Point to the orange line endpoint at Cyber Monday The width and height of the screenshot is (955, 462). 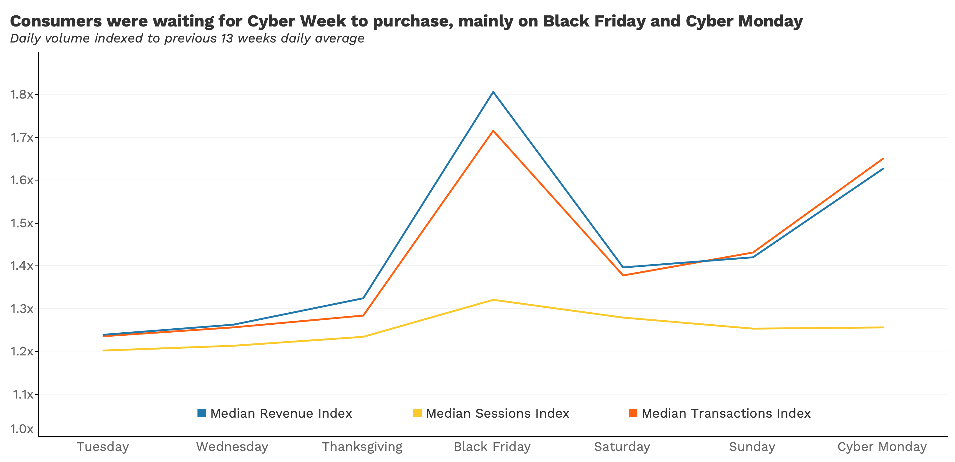pyautogui.click(x=883, y=159)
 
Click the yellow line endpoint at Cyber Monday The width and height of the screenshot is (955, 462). pyautogui.click(x=883, y=327)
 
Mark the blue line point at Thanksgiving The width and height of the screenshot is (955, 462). pyautogui.click(x=363, y=298)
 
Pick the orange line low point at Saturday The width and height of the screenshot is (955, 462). pyautogui.click(x=623, y=275)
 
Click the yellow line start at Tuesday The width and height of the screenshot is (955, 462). pyautogui.click(x=103, y=351)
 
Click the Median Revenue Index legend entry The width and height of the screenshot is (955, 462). pyautogui.click(x=281, y=413)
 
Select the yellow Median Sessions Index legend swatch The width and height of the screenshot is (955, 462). pyautogui.click(x=417, y=413)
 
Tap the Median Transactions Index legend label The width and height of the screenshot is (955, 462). pyautogui.click(x=725, y=413)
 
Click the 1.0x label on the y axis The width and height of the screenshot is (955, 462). pyautogui.click(x=22, y=429)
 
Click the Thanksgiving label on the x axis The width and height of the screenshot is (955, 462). pyautogui.click(x=362, y=446)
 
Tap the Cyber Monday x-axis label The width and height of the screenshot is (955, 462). pyautogui.click(x=882, y=446)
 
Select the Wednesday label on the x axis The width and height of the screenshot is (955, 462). pyautogui.click(x=232, y=446)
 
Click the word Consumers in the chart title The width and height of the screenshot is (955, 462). pyautogui.click(x=56, y=21)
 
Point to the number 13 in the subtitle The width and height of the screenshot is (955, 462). pyautogui.click(x=227, y=38)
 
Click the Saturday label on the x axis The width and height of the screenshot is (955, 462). pyautogui.click(x=622, y=446)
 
